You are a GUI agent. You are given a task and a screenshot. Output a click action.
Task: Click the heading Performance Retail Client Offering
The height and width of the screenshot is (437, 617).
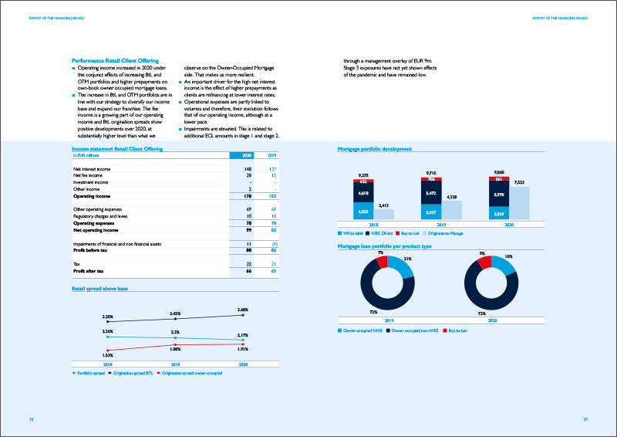115,60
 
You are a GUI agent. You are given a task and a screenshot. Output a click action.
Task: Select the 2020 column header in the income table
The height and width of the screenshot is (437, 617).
248,155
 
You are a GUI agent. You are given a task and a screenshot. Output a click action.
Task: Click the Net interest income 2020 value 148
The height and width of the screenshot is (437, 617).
248,168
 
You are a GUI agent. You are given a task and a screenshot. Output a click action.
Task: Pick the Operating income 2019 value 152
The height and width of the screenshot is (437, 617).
272,196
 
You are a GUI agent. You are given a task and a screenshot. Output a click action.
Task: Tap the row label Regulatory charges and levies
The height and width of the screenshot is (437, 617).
105,216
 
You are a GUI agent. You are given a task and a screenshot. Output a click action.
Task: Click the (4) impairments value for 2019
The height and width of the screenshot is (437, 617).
273,242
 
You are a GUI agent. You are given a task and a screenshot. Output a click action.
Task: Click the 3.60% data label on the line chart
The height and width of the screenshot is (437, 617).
243,310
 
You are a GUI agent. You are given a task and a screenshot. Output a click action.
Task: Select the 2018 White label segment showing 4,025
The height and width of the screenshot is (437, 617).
362,210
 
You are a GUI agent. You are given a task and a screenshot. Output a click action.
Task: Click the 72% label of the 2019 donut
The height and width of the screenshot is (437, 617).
373,312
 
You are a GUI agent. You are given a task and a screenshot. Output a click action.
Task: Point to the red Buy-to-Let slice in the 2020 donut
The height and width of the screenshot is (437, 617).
484,263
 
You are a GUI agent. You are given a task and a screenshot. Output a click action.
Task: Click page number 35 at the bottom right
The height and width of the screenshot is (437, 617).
585,418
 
